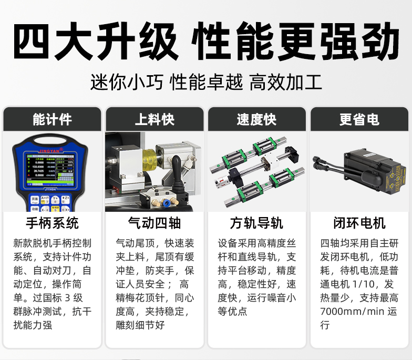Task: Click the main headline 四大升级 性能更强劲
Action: [206, 41]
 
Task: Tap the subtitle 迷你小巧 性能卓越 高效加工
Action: [206, 82]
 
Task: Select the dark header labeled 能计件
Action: [52, 119]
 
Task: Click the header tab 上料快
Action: [154, 119]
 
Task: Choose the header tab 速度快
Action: [256, 119]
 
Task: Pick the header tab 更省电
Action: [359, 119]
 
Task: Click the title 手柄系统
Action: [52, 223]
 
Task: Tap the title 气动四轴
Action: [154, 223]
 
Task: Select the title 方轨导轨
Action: [256, 223]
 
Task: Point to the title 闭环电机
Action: [359, 223]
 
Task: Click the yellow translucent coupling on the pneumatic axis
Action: [150, 160]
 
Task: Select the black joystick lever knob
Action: [176, 162]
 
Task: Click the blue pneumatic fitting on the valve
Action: [166, 203]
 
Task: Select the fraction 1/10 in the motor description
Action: [363, 284]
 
